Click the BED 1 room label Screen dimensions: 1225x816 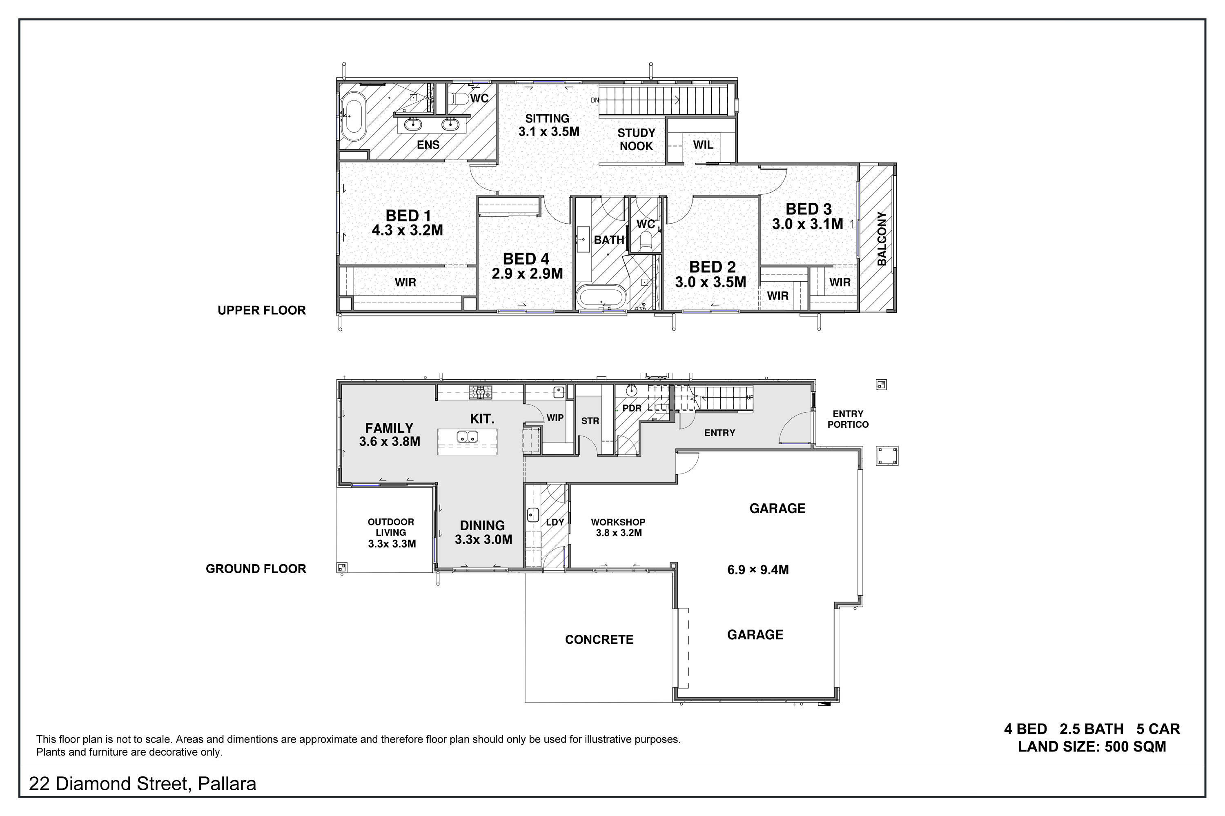(408, 216)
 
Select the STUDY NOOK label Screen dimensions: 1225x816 (636, 140)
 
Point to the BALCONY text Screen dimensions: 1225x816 (882, 238)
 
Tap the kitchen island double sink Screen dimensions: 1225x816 (468, 437)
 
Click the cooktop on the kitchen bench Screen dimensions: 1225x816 (480, 392)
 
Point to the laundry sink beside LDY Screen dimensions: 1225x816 (532, 514)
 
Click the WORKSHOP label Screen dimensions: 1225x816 (618, 522)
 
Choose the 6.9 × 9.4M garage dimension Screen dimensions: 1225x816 (758, 570)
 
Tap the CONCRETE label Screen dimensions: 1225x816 (599, 640)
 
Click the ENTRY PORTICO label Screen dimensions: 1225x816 (848, 419)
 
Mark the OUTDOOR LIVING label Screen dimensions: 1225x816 (391, 527)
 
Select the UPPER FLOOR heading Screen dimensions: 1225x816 (262, 310)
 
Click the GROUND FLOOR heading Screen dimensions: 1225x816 (256, 569)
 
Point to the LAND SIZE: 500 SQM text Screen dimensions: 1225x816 (1092, 747)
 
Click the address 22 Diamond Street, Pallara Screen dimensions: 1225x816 (143, 784)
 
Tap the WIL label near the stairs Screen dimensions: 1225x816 (703, 145)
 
